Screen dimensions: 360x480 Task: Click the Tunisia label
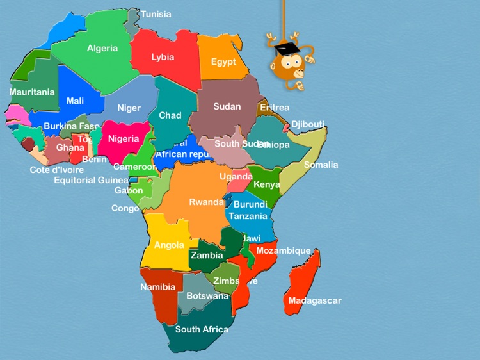click(156, 14)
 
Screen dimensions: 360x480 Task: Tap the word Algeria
click(102, 48)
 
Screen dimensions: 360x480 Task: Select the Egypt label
click(223, 62)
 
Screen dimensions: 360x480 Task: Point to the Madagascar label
click(315, 300)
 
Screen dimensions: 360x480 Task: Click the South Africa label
click(202, 329)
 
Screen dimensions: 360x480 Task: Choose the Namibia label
click(158, 287)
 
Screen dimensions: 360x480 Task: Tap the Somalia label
click(321, 165)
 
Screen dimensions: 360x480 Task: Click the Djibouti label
click(308, 124)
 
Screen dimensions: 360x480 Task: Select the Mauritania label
click(32, 92)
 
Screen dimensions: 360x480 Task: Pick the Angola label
click(169, 245)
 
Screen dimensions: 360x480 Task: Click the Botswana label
click(207, 296)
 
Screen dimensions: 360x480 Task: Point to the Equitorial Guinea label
click(91, 180)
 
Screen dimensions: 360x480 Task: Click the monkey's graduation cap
click(287, 49)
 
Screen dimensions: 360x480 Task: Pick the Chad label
click(170, 115)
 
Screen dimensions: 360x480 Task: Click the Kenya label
click(267, 184)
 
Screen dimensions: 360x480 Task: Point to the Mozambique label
click(284, 250)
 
